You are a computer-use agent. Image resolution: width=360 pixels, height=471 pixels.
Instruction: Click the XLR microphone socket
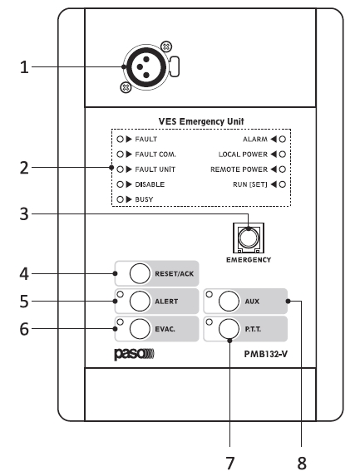click(146, 66)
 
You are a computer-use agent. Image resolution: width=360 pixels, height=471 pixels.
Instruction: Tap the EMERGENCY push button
click(249, 238)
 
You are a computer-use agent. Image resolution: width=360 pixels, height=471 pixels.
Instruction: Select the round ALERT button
click(140, 301)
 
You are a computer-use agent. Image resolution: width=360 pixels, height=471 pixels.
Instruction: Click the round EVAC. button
click(140, 329)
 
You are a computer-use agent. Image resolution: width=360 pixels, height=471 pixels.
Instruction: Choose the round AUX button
click(229, 301)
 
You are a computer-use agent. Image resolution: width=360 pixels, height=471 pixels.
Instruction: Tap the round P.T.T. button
click(229, 329)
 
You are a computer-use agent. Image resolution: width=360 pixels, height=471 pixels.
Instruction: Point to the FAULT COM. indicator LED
click(120, 155)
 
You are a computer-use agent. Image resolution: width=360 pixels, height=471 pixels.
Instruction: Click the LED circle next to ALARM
click(282, 139)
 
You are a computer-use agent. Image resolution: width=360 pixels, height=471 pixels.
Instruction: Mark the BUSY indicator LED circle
click(120, 199)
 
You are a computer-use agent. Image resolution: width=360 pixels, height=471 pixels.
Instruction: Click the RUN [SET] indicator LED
click(282, 184)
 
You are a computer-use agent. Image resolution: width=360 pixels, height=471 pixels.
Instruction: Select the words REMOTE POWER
click(239, 169)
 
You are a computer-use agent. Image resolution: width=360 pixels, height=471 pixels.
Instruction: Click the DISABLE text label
click(150, 184)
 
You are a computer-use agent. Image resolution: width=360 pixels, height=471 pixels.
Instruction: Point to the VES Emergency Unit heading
click(201, 121)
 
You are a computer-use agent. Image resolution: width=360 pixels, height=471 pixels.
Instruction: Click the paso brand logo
click(134, 354)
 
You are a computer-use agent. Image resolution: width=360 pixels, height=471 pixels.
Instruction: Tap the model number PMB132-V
click(265, 354)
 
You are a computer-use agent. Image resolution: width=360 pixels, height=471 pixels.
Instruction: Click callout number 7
click(230, 463)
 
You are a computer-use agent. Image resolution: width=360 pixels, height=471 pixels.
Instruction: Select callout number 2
click(24, 168)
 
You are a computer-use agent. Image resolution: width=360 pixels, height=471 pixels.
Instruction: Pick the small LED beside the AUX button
click(210, 294)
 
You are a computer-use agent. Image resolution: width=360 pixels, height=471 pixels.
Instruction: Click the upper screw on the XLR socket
click(166, 47)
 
